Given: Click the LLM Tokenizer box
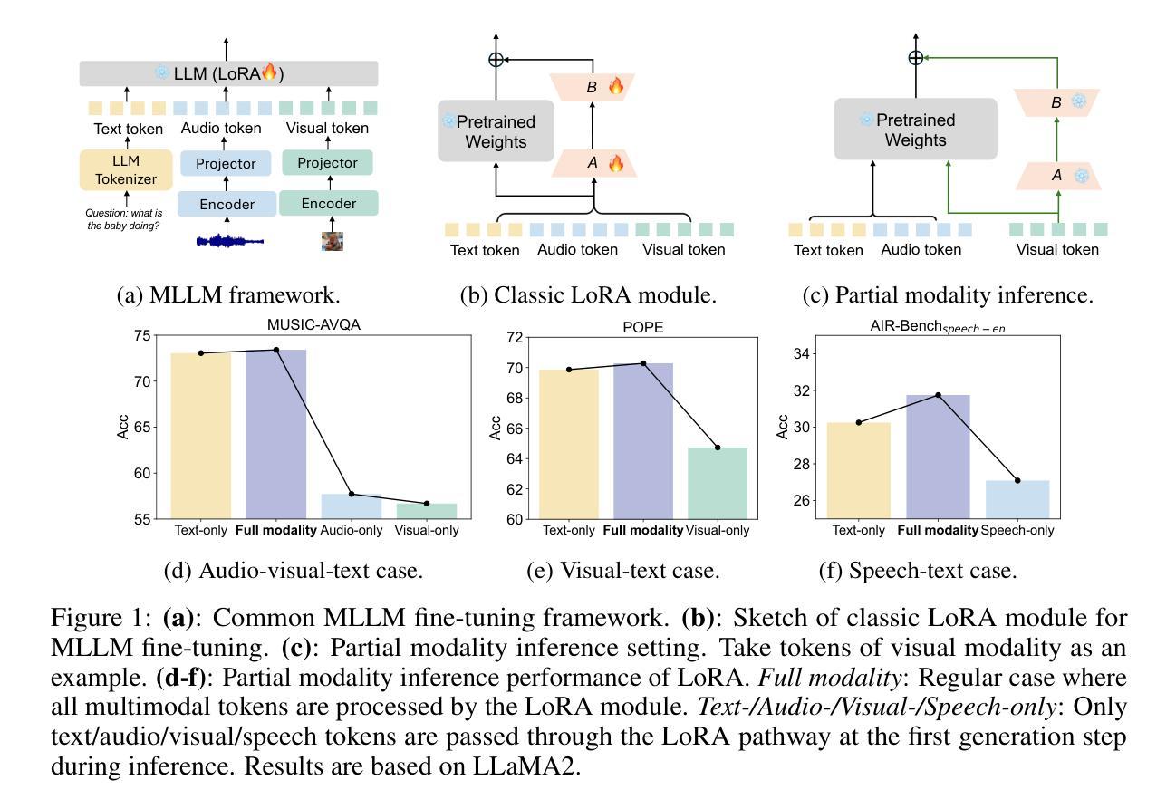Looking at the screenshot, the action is pos(126,169).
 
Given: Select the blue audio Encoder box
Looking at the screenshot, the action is pos(227,204).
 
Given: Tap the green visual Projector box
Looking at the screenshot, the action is pos(328,163).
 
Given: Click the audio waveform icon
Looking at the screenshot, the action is pos(230,242).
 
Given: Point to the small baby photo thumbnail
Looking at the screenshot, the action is pos(333,242).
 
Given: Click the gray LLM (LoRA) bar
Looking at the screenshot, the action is pos(229,73).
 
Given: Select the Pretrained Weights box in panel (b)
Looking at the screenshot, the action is pos(496,131).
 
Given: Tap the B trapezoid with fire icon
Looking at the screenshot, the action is pos(593,87).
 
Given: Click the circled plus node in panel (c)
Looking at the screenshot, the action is pos(916,58).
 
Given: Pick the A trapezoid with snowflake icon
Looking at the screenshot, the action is pos(1058,176).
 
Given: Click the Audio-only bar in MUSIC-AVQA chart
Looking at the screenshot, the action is pos(352,506).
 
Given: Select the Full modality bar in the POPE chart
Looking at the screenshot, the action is pos(643,441).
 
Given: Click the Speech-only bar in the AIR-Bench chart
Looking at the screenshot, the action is pos(1017,499).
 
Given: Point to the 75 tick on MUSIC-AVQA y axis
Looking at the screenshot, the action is pos(142,335).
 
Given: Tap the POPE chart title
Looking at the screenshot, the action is pos(643,328).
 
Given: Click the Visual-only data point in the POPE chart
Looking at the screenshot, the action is pos(718,448).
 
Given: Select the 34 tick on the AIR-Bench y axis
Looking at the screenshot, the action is pos(802,354).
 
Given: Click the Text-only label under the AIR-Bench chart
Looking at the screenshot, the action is pos(858,530).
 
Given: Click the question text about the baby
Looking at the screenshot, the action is pos(124,219).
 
